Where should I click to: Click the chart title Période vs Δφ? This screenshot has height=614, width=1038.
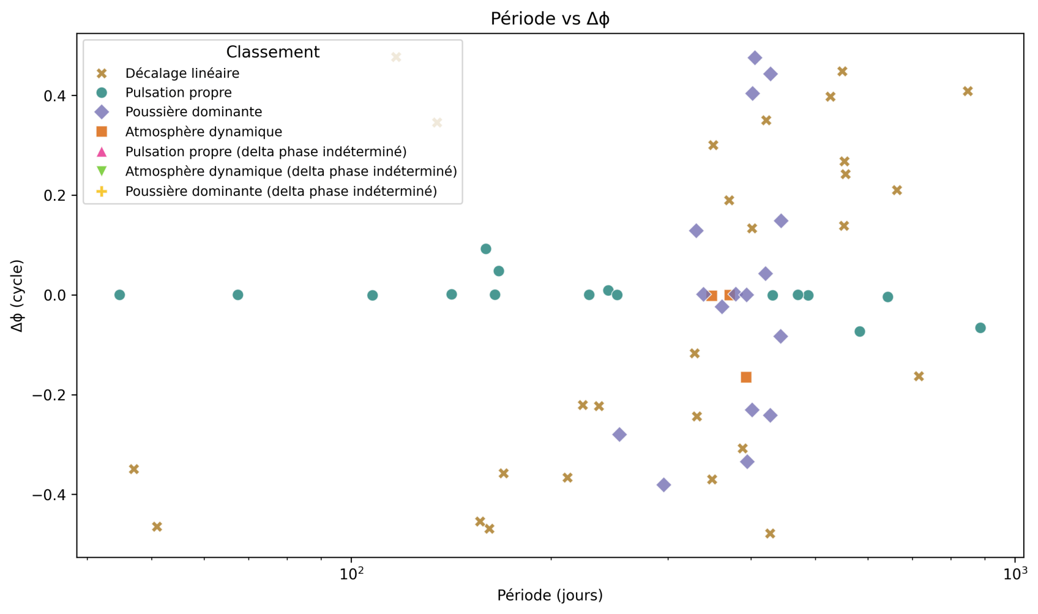tap(550, 19)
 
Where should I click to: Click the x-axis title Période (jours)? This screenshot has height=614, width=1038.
tap(550, 595)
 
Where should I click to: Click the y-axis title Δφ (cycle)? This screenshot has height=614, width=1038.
tap(17, 296)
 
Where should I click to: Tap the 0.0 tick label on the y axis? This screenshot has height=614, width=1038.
tap(58, 296)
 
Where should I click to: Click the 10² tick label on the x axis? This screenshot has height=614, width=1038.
tap(351, 575)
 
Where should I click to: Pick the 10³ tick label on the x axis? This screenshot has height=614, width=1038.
tap(1015, 575)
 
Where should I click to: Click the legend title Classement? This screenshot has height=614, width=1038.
tap(272, 52)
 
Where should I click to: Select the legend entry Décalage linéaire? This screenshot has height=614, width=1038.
tap(182, 73)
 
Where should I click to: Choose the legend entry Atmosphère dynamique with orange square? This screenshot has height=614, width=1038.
tap(203, 132)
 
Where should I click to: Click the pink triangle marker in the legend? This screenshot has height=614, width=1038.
tap(102, 152)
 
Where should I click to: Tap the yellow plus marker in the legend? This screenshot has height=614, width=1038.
tap(102, 192)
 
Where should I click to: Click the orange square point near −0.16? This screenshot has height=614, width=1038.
tap(746, 377)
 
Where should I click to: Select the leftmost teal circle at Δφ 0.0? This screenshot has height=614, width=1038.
tap(119, 295)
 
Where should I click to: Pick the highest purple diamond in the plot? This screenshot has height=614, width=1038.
tap(755, 58)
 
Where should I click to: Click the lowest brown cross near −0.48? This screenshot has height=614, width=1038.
tap(770, 534)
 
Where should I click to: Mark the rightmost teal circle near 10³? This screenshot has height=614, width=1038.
tap(980, 328)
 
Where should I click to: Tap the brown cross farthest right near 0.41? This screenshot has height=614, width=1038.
tap(968, 92)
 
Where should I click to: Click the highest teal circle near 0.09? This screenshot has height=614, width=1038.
tap(486, 249)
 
